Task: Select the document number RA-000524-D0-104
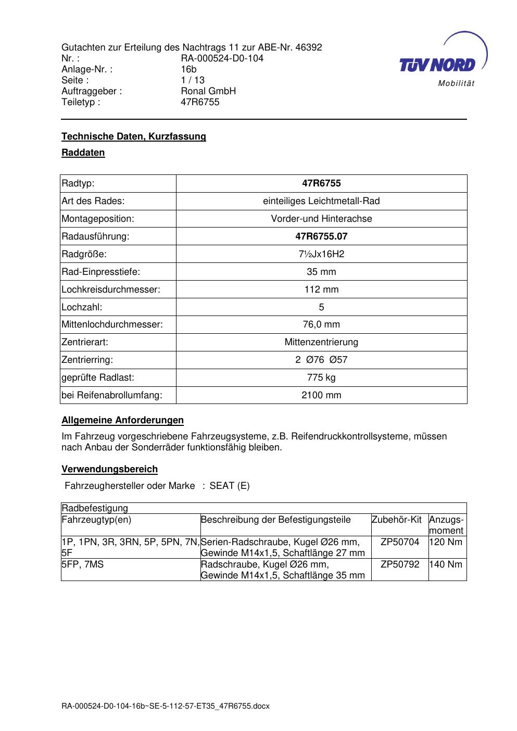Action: point(222,58)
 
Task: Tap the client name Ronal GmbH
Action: point(208,91)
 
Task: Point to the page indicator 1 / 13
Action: point(193,80)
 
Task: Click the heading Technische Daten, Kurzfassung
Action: point(134,136)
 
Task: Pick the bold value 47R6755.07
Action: point(321,236)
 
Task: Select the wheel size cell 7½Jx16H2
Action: point(321,254)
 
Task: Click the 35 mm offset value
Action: point(321,272)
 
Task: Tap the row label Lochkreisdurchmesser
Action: point(111,289)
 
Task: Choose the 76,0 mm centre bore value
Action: point(321,324)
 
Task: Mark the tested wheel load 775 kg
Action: point(321,377)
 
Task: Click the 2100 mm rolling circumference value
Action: point(321,395)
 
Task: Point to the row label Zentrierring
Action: point(87,360)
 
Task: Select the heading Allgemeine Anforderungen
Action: point(122,420)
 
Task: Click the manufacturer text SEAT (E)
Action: point(229,486)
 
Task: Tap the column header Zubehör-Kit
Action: point(396,520)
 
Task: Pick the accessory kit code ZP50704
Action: point(400,542)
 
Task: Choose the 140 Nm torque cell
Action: point(446,564)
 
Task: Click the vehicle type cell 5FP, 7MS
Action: point(83,564)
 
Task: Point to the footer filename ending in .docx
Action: point(166,707)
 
